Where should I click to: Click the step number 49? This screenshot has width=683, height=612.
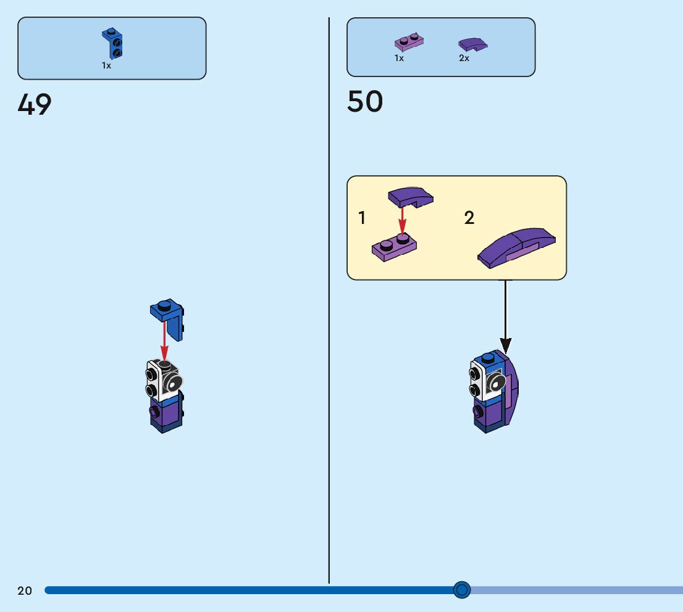coord(35,105)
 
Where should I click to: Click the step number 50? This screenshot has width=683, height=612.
coord(364,102)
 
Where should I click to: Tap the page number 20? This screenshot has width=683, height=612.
coord(25,591)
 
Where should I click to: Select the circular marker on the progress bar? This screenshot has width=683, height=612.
coord(461,590)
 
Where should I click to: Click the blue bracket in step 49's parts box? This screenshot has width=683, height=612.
coord(112,44)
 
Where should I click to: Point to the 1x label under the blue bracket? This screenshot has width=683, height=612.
coord(107,65)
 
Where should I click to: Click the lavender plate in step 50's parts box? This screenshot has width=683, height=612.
coord(409,42)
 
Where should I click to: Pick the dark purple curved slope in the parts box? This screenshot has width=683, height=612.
coord(472,44)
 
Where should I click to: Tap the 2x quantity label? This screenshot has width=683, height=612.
coord(464,59)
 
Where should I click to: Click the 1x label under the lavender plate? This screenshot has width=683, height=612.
coord(399,59)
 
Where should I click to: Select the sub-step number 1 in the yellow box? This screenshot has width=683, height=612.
coord(362,218)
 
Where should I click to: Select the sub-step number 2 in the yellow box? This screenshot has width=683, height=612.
coord(469,218)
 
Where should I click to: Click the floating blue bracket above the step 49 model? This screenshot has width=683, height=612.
coord(168,317)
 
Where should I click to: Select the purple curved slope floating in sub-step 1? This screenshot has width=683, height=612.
coord(410,197)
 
